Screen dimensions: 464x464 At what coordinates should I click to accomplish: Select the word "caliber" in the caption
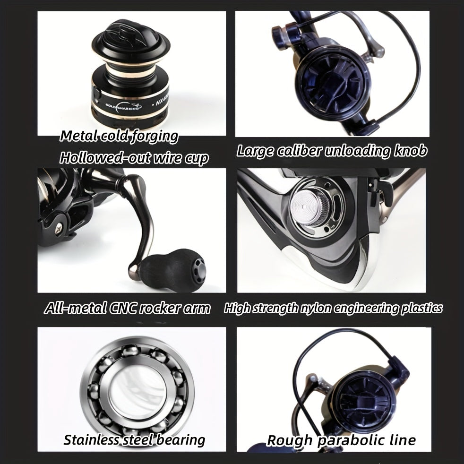[308, 151]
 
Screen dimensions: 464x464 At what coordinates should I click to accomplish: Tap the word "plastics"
[422, 309]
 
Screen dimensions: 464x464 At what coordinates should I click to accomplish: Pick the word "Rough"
[289, 440]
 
